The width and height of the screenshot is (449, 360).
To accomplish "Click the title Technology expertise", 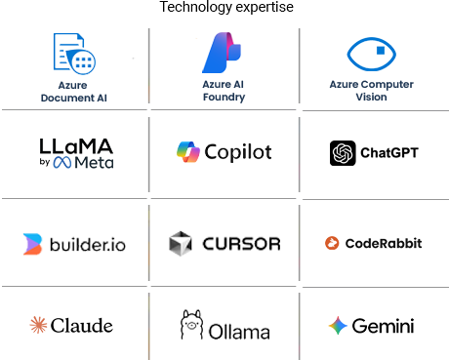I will click(224, 9).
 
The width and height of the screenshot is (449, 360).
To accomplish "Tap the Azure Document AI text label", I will click(74, 91).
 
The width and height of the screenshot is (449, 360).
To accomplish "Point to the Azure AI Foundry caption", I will click(224, 91).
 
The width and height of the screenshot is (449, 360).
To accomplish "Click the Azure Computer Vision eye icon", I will click(371, 55).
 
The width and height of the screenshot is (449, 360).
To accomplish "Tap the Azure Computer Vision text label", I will click(371, 91).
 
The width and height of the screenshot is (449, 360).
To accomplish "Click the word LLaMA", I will click(76, 145).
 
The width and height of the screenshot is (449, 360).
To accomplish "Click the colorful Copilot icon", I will click(188, 152).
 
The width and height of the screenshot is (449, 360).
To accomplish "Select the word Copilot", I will click(238, 153).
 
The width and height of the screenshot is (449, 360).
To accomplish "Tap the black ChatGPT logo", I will click(343, 153).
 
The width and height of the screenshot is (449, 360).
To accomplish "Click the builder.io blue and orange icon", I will click(32, 243).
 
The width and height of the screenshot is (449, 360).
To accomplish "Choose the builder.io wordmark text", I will click(88, 244).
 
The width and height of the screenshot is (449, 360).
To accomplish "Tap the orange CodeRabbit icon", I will click(332, 243).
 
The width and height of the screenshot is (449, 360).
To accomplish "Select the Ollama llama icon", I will click(191, 326).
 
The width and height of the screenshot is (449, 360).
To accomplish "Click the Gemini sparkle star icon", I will click(338, 326).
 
